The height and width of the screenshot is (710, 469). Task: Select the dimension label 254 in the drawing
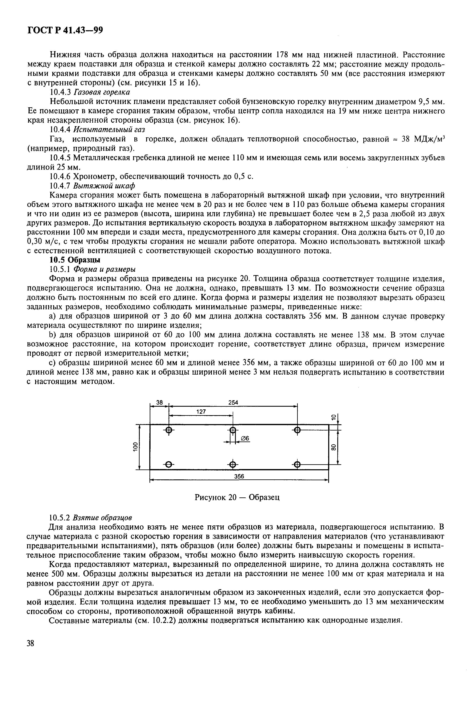233,403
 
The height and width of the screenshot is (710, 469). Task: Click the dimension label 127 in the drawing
201,412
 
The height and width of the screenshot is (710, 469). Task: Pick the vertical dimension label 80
334,447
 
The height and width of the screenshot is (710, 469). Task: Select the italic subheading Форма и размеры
104,269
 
